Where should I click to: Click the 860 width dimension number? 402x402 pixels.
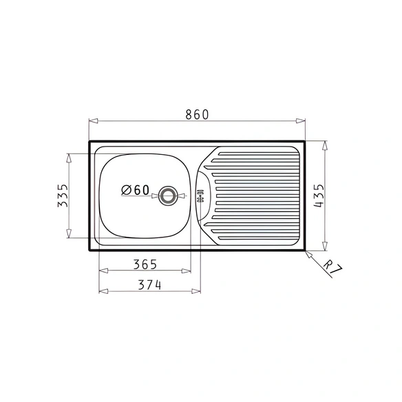(197, 114)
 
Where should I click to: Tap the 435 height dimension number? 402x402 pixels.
(319, 196)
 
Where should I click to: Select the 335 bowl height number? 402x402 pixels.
(63, 195)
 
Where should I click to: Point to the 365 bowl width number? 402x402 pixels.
(145, 264)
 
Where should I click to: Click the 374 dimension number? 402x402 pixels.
(150, 285)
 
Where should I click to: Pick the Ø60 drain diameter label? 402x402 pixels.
(135, 190)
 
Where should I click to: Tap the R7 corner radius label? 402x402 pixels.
(332, 267)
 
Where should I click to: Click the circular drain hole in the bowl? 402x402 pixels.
(168, 195)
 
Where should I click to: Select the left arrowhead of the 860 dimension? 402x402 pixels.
(94, 120)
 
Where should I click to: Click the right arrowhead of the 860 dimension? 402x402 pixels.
(301, 120)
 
